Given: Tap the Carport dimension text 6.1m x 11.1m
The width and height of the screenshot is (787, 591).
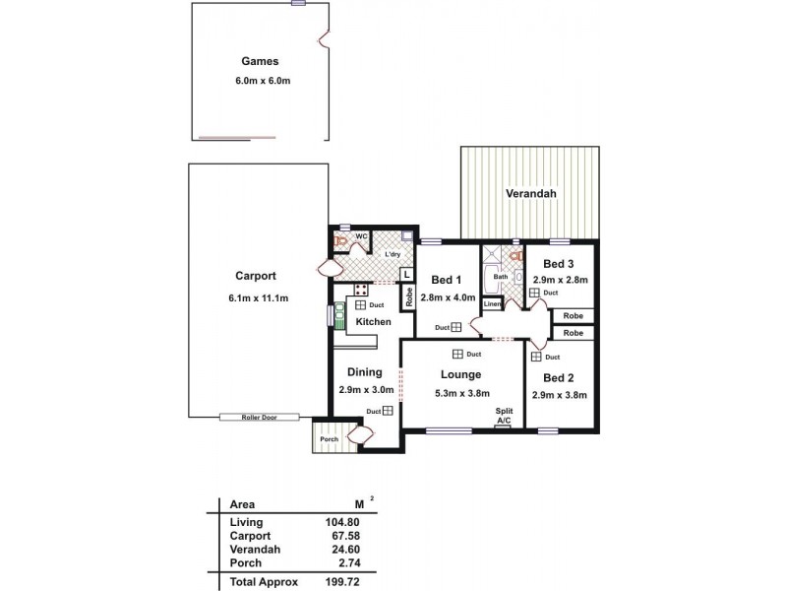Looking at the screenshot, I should (260, 297).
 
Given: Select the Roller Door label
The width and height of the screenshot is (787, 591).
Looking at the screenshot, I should (260, 418).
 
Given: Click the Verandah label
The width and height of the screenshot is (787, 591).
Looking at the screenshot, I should (531, 193).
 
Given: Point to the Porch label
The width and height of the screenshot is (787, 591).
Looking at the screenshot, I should (330, 439).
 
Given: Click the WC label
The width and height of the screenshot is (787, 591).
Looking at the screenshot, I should (361, 236).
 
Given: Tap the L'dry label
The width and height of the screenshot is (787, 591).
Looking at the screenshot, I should (393, 255).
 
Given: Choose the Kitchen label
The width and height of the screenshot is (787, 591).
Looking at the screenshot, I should (374, 322).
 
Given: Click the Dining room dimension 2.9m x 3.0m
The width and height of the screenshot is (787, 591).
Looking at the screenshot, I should (365, 389).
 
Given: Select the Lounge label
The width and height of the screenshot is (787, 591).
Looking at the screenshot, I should (460, 374).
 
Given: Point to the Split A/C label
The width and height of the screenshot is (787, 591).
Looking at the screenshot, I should (504, 416).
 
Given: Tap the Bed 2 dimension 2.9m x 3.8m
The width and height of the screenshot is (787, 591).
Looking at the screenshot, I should (559, 395).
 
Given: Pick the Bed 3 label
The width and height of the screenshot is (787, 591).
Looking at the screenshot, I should (559, 263).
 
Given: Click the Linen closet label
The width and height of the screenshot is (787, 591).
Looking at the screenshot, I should (492, 304).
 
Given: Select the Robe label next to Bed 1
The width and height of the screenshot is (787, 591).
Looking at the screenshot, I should (406, 295).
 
